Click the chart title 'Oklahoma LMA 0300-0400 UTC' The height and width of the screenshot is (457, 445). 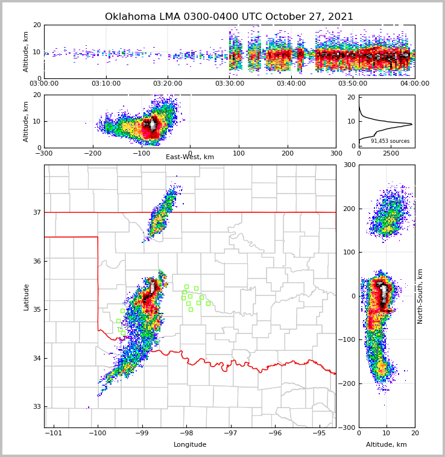click(229, 17)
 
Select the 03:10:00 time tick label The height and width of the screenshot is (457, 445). click(106, 84)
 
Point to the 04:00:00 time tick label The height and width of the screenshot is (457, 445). click(414, 84)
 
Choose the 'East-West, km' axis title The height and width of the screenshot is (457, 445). click(190, 157)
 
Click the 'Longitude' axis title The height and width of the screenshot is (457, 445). click(190, 445)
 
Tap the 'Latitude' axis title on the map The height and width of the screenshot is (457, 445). click(27, 297)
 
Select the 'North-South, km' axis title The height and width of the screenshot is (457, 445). click(420, 297)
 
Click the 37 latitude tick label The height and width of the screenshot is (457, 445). click(36, 212)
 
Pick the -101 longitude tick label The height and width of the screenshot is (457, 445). click(54, 433)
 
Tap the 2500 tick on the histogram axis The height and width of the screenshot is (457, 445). click(391, 153)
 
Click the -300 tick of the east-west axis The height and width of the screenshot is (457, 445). click(44, 153)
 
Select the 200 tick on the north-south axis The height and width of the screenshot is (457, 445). click(349, 209)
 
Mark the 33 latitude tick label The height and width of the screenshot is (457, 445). click(36, 406)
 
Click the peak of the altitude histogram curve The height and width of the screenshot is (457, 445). click(412, 124)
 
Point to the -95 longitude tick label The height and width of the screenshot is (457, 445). click(319, 433)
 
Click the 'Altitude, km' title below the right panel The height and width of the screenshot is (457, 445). click(387, 445)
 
